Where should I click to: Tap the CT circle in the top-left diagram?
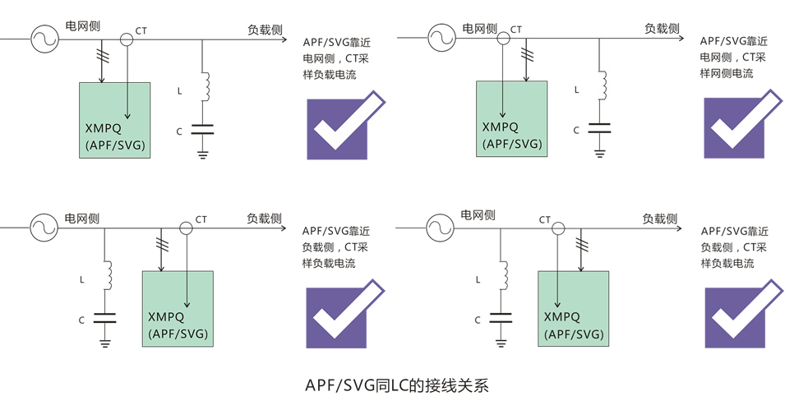point(127,38)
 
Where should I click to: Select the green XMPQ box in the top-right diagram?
point(511,118)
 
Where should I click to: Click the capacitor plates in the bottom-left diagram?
point(104,318)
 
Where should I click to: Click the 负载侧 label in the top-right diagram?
point(662,28)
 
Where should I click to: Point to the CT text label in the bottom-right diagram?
point(544,219)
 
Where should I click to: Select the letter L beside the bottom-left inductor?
point(82,279)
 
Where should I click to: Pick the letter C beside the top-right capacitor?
point(576,130)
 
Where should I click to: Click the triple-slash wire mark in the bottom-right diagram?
point(582,244)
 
